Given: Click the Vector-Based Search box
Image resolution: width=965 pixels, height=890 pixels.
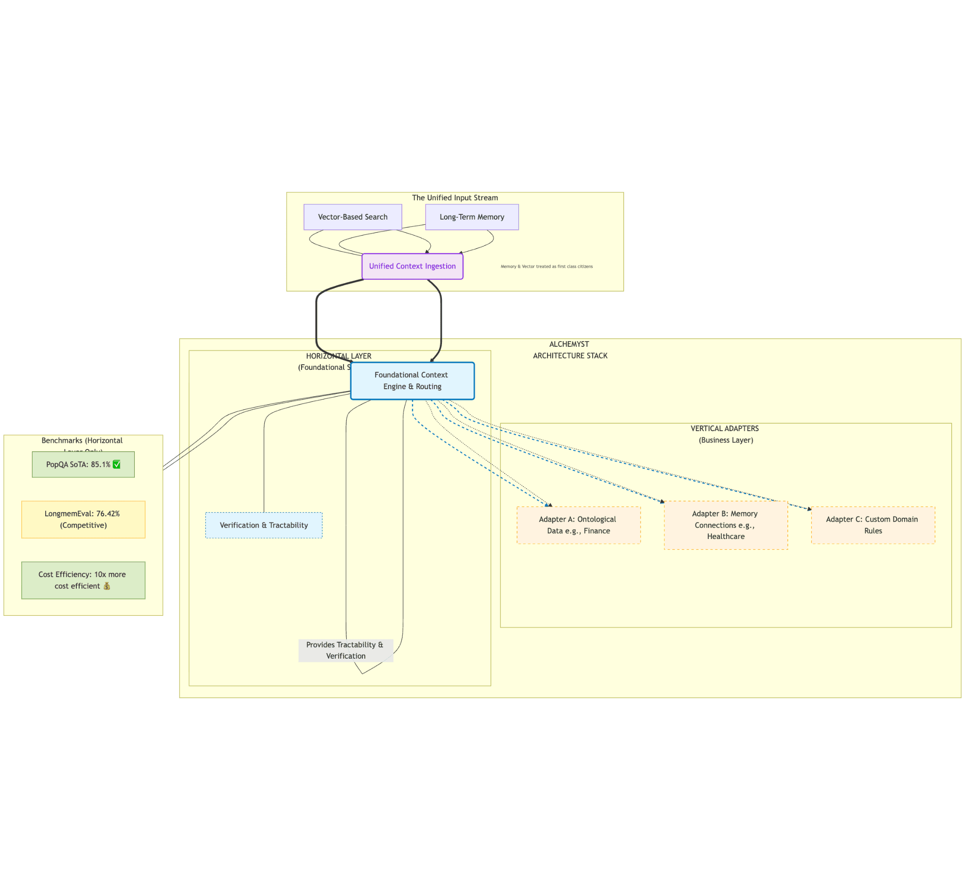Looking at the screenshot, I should click(x=352, y=217).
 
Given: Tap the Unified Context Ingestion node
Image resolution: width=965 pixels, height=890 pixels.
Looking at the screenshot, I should click(x=412, y=266).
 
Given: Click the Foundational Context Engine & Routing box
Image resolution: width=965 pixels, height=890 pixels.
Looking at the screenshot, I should click(x=412, y=381).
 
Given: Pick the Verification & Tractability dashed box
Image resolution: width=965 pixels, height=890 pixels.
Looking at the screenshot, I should click(x=263, y=525).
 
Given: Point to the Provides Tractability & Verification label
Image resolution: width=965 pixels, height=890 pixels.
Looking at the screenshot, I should click(x=345, y=651).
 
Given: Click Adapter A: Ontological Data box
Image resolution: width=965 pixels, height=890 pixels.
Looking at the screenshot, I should click(x=578, y=525).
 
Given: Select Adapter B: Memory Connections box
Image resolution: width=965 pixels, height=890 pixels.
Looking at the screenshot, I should click(x=725, y=525).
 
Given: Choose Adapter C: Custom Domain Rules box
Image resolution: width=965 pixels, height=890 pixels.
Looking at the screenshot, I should click(x=873, y=525).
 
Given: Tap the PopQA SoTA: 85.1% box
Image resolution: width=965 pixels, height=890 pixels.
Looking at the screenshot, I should click(x=83, y=465).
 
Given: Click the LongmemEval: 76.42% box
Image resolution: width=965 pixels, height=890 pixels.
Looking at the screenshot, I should click(x=83, y=520).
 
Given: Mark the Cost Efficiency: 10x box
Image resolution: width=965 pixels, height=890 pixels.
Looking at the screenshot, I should click(x=83, y=580).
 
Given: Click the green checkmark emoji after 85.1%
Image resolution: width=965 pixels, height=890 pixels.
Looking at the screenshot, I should click(x=116, y=465).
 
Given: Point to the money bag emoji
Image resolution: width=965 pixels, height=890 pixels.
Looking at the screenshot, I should click(x=107, y=586).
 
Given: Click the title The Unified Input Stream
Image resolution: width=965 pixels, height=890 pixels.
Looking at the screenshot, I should click(x=455, y=198).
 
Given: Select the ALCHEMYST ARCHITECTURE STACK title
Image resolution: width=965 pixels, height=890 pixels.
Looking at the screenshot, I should click(x=570, y=350).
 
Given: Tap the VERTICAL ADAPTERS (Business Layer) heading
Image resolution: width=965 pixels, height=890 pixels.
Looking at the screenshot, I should click(x=725, y=434).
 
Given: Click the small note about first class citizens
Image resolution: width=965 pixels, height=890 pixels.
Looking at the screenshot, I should click(x=546, y=266).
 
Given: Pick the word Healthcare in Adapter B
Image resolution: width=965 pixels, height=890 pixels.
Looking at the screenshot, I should click(x=725, y=537).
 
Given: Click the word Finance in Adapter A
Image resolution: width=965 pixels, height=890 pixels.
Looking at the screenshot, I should click(x=597, y=531).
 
